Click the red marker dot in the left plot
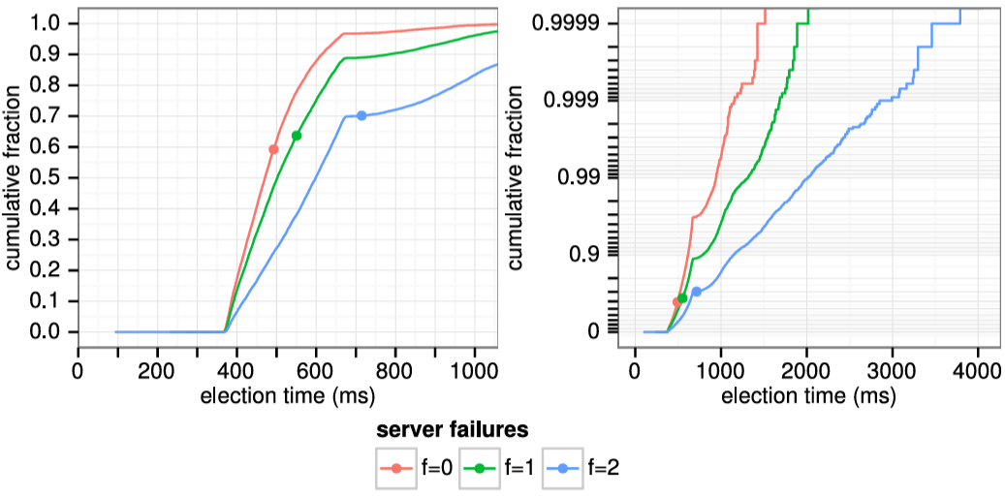(x=273, y=149)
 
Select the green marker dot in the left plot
(x=297, y=136)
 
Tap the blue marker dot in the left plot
(x=361, y=115)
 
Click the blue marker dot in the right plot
(x=696, y=292)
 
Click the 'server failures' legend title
(x=452, y=428)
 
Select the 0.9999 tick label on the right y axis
(x=573, y=21)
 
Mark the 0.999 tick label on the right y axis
(x=578, y=99)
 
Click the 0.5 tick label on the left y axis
(x=51, y=177)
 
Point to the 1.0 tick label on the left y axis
(x=51, y=23)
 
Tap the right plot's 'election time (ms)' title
(x=809, y=396)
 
